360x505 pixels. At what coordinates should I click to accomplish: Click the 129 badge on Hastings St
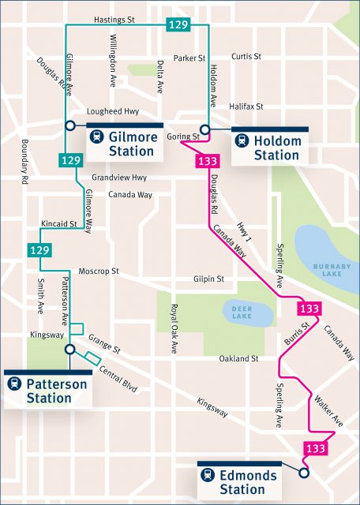[178, 25]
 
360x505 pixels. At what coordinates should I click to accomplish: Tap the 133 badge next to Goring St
[208, 162]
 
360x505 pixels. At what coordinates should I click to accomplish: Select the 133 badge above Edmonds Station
[315, 448]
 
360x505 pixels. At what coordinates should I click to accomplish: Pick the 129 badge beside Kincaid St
[39, 249]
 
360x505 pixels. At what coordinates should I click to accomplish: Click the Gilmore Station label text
[132, 143]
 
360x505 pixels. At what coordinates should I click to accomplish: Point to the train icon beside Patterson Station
[14, 383]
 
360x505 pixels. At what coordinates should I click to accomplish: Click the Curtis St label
[247, 57]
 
